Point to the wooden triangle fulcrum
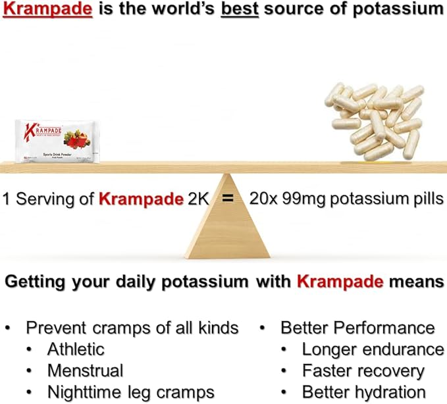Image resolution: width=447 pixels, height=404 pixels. coord(227,224)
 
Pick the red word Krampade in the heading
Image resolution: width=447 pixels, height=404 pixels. coord(339,282)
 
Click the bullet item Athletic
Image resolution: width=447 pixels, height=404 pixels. coord(75,349)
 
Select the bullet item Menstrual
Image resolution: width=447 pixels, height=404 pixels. coord(85,370)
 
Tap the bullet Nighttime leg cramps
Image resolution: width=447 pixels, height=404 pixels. coord(130,392)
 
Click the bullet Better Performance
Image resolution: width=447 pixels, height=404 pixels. coord(357,327)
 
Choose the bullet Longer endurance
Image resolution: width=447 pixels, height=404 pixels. coord(373,349)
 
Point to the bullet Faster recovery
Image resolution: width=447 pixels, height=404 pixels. coord(363,370)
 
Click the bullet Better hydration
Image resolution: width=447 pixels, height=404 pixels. coord(363,392)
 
